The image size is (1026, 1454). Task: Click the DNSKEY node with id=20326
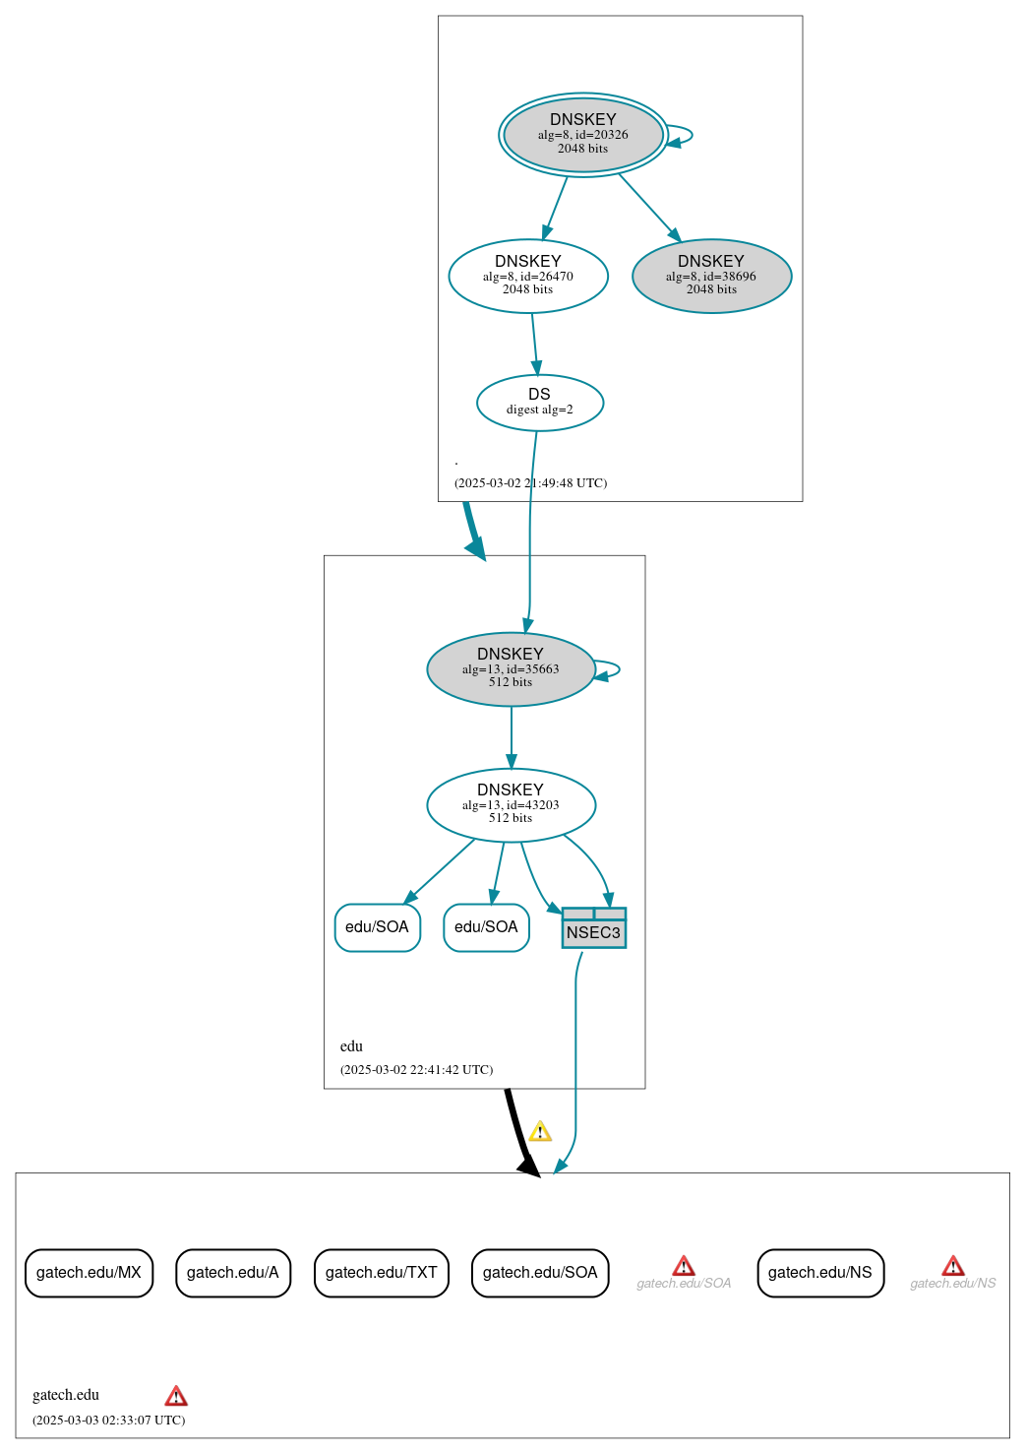pos(583,135)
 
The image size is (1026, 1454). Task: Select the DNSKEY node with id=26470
pos(528,276)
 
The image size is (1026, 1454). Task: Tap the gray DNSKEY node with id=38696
pos(711,276)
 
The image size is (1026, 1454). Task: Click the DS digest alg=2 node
pos(539,403)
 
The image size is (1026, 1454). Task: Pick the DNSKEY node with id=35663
pos(511,669)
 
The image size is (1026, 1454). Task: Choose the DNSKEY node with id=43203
pos(511,805)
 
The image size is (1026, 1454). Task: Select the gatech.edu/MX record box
pos(89,1273)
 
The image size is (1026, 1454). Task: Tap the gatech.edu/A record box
pos(233,1273)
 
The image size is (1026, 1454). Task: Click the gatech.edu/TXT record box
pos(382,1273)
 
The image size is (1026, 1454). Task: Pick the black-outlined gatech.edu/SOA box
pos(540,1273)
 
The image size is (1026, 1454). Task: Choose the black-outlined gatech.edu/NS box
pos(820,1273)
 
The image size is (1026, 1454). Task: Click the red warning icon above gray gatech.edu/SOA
pos(684,1266)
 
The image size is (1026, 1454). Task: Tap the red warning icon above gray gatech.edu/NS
pos(953,1266)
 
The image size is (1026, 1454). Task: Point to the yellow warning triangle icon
pos(540,1132)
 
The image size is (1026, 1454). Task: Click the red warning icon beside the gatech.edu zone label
pos(176,1396)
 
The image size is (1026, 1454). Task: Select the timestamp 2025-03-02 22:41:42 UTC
pos(416,1070)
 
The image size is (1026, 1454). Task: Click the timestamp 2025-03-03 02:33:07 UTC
pos(108,1421)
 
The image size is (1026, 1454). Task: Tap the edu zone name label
pos(351,1046)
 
